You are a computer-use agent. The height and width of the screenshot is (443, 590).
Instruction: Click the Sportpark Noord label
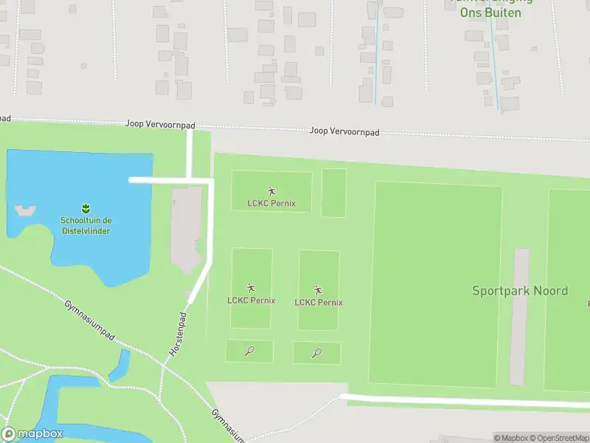(520, 291)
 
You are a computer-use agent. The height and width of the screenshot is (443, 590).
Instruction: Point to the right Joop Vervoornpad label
(344, 131)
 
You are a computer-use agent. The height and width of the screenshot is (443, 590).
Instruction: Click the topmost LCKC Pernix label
(271, 203)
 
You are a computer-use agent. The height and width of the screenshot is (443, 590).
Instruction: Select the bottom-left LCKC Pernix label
(251, 300)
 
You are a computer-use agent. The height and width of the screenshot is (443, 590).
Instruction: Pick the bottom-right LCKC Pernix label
(319, 302)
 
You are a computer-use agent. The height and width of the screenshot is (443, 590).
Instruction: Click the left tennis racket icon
(249, 351)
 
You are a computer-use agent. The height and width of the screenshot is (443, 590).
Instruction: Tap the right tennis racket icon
(317, 353)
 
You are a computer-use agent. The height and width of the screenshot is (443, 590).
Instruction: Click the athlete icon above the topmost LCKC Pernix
(271, 191)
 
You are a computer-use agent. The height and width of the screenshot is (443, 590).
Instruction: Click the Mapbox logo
(32, 434)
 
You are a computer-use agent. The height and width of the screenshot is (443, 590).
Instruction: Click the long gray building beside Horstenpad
(187, 229)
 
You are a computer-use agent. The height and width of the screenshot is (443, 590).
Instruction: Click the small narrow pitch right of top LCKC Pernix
(333, 193)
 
